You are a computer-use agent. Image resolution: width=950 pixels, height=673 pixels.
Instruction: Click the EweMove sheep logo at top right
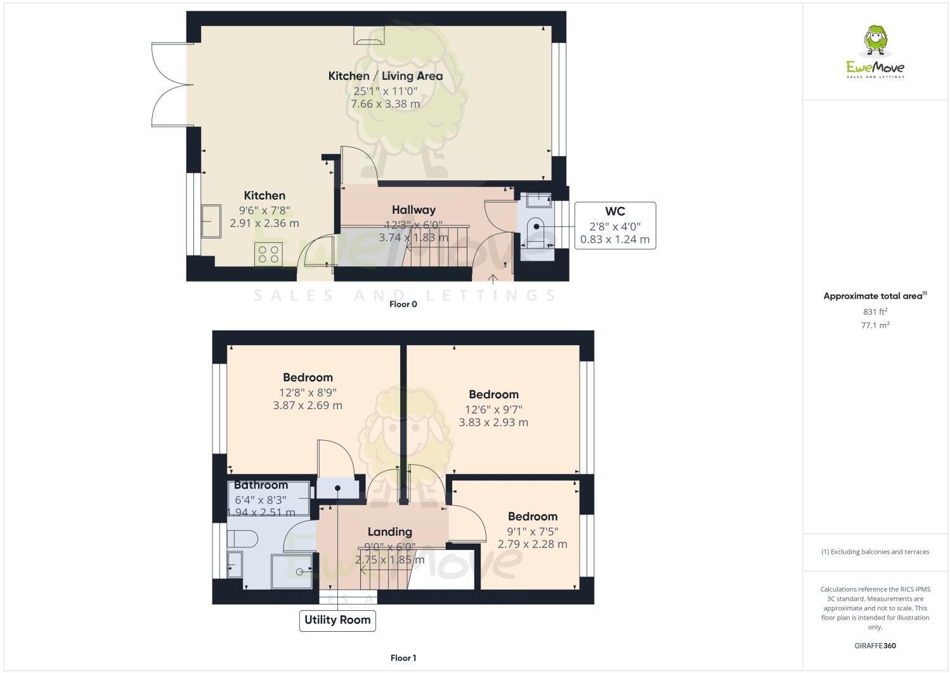click(876, 41)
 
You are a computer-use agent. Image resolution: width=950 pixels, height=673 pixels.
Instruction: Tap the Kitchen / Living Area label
click(385, 76)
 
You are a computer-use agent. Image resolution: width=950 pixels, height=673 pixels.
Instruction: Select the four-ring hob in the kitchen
click(268, 254)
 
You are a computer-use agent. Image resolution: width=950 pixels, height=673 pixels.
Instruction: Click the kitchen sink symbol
click(211, 221)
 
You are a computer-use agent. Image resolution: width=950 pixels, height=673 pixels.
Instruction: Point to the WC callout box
click(615, 225)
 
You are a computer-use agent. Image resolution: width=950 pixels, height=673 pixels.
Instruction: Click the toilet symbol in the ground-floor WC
click(536, 226)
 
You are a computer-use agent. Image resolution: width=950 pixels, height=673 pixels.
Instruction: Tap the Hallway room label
click(413, 210)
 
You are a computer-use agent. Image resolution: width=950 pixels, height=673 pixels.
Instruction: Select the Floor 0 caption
click(403, 304)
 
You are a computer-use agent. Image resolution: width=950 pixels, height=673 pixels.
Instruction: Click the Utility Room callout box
click(337, 620)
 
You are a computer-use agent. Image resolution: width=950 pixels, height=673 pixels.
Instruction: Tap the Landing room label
click(389, 532)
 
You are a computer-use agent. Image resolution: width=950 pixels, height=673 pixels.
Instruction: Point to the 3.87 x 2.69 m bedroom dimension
click(308, 405)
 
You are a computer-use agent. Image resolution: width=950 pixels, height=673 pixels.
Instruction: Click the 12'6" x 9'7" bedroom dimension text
click(493, 409)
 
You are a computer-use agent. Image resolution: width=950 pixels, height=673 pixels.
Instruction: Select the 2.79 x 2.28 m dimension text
click(532, 544)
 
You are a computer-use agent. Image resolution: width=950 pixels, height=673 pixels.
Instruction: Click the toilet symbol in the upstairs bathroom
click(242, 539)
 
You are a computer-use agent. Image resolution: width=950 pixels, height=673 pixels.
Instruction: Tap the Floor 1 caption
click(403, 658)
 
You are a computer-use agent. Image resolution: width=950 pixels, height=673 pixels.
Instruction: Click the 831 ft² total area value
click(875, 311)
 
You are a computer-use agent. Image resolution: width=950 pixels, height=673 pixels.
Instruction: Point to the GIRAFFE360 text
click(875, 646)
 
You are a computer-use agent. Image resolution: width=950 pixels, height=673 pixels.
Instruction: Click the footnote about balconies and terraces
click(875, 552)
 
